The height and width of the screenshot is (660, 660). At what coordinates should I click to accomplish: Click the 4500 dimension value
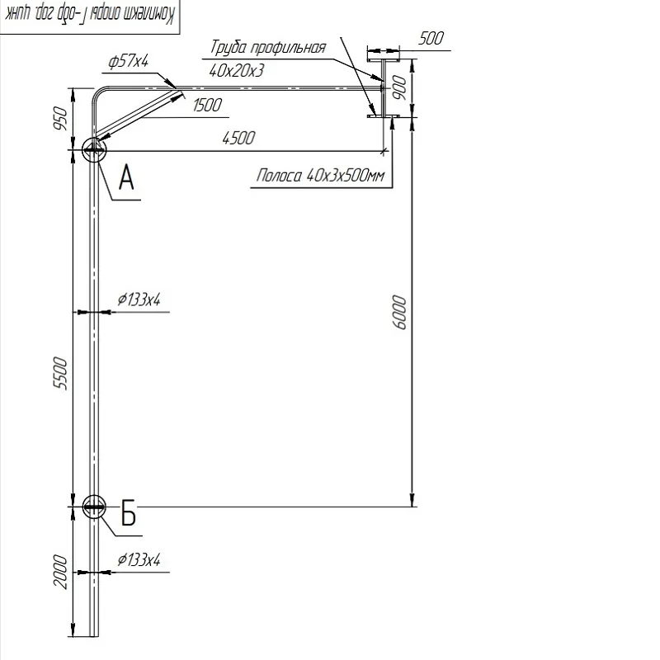tap(238, 139)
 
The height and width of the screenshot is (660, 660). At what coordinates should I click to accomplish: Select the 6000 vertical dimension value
tap(401, 311)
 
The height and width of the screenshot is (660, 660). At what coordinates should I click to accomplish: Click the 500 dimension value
tap(431, 38)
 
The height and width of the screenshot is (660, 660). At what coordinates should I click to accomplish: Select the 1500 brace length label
tap(209, 105)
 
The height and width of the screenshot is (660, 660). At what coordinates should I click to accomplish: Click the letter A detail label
tap(126, 177)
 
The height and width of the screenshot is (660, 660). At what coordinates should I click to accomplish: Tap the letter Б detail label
tap(128, 513)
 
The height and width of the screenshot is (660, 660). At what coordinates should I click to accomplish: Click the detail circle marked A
tap(94, 149)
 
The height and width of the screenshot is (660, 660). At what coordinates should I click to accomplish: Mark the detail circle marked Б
tap(94, 507)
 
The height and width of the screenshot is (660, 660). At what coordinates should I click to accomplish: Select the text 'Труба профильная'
tap(268, 48)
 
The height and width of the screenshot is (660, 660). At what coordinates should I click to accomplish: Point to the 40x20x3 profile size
tap(237, 71)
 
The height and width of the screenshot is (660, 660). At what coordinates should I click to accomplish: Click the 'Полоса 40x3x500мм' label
tap(321, 176)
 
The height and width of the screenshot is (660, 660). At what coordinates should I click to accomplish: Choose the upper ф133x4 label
tap(138, 299)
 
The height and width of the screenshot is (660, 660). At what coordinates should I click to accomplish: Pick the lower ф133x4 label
tap(138, 560)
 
